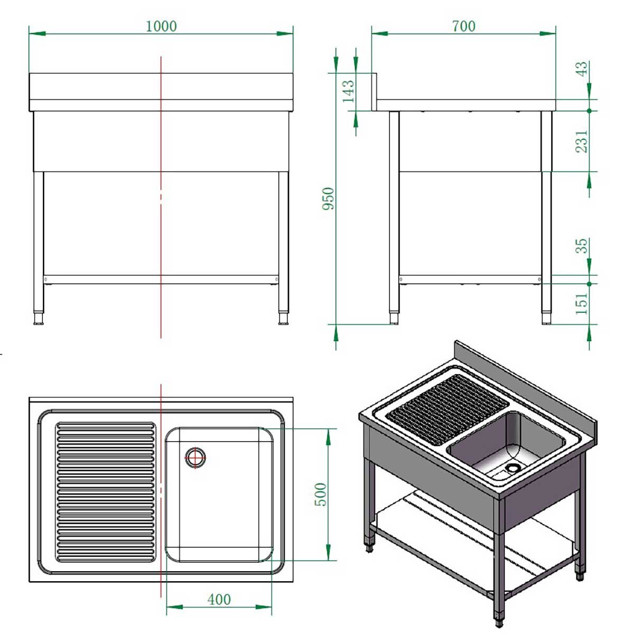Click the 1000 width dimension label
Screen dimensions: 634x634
161,26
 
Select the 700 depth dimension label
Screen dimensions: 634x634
463,26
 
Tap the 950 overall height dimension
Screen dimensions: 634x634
329,198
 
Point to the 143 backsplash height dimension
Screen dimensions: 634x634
348,91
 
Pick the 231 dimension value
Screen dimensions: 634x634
581,141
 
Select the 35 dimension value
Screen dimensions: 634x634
581,246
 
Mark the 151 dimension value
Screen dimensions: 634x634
581,304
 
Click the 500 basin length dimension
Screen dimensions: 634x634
321,495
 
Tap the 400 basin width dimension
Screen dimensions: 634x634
219,600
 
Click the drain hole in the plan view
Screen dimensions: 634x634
195,458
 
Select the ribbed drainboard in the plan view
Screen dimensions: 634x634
106,491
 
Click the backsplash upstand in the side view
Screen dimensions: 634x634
374,92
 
